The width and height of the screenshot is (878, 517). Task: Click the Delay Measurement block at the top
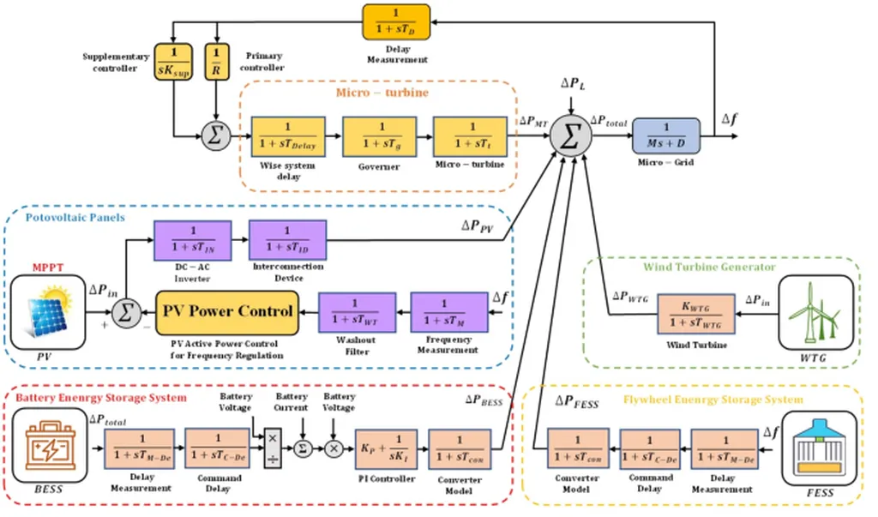pos(396,22)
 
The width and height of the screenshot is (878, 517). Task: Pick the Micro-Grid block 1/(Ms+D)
pos(665,135)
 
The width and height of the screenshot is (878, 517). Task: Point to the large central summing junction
pos(568,135)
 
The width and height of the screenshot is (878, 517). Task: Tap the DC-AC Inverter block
pos(191,240)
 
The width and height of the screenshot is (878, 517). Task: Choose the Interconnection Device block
pos(287,240)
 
